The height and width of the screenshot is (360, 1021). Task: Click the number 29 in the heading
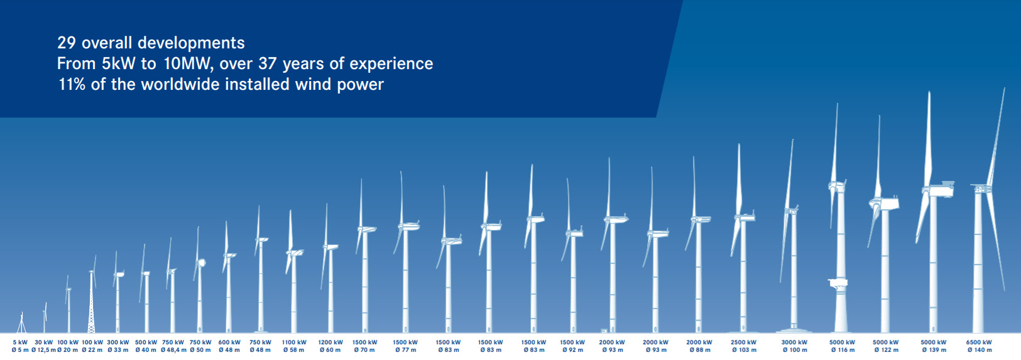[x=66, y=43]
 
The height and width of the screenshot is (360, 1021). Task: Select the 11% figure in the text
[x=72, y=84]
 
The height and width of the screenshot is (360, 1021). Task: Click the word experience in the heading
[x=391, y=64]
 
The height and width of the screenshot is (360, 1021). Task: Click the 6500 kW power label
[x=979, y=342]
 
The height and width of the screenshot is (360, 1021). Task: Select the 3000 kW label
[x=794, y=342]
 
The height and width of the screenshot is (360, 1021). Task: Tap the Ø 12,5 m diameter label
[x=44, y=350]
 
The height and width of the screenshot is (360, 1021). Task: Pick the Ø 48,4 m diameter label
[x=173, y=350]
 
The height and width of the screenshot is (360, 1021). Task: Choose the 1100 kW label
[x=294, y=342]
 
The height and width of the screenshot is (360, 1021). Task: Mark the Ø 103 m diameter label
[x=745, y=350]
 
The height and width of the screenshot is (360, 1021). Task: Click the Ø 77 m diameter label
[x=406, y=350]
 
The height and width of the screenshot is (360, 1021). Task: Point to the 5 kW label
[x=20, y=342]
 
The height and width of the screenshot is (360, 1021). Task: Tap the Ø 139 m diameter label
[x=934, y=350]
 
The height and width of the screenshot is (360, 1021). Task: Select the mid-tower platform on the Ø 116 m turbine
[x=838, y=283]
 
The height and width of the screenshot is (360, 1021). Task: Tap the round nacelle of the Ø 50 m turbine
[x=200, y=263]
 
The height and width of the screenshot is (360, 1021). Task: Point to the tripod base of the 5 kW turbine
[x=21, y=326]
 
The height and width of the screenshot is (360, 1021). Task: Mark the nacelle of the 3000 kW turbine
[x=792, y=210]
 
